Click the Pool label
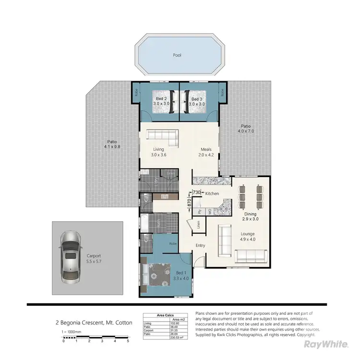click(x=177, y=55)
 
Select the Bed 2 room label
click(x=159, y=101)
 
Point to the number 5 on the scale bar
click(x=128, y=341)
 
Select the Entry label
click(x=200, y=246)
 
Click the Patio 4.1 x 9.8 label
click(x=113, y=144)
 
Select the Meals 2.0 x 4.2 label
click(x=206, y=152)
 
